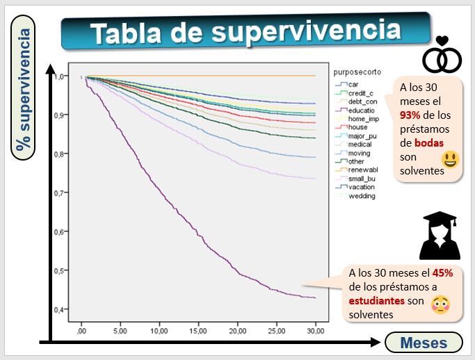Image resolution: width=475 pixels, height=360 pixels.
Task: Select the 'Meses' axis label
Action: pyautogui.click(x=424, y=341)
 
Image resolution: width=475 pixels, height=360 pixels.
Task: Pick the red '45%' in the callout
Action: pyautogui.click(x=442, y=273)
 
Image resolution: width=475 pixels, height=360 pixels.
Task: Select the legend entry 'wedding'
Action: pyautogui.click(x=362, y=196)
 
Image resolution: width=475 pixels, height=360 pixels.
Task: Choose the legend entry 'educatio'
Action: pyautogui.click(x=362, y=110)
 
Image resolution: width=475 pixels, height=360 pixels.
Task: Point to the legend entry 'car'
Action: pyautogui.click(x=353, y=84)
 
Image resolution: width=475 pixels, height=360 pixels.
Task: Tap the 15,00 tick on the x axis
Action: pyautogui.click(x=200, y=331)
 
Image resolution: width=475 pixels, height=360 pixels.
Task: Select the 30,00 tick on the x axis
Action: pyautogui.click(x=316, y=331)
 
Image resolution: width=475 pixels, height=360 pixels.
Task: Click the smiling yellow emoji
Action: pyautogui.click(x=450, y=160)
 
